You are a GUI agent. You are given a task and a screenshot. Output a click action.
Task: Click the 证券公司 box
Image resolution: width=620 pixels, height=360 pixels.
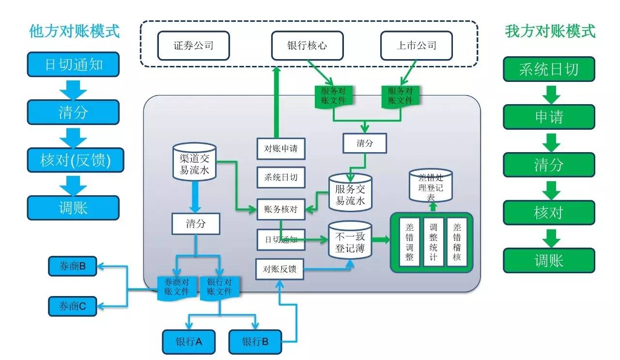coord(193,46)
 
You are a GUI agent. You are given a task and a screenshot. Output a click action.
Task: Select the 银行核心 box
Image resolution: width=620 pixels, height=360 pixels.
coord(307,46)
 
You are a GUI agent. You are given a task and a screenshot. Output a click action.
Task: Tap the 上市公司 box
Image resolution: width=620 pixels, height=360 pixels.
coord(416,46)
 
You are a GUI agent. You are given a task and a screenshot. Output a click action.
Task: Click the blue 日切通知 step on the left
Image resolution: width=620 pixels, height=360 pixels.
coord(73,64)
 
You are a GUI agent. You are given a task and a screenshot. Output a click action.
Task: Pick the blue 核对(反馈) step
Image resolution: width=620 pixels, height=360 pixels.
coord(73,160)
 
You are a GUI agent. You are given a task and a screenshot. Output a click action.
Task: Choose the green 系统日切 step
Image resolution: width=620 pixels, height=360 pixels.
coord(549,69)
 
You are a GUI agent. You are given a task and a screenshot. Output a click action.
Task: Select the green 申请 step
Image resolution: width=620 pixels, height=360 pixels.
coord(549,117)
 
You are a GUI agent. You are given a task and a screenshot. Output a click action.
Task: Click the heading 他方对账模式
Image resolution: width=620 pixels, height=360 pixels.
coord(74,31)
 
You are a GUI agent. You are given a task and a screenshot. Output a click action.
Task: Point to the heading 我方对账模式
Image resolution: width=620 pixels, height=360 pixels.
coord(550,31)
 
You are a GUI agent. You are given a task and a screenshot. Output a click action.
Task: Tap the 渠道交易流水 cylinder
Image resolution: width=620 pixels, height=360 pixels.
coord(194,162)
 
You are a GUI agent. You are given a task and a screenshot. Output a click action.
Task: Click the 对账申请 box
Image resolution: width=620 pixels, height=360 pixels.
coord(281,149)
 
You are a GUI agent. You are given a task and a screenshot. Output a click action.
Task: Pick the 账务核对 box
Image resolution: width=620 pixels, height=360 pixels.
coord(281,210)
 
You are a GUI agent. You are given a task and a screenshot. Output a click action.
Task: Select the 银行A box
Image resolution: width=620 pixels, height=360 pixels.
coord(188,342)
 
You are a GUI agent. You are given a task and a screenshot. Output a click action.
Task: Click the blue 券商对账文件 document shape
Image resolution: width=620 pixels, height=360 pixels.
coord(177,287)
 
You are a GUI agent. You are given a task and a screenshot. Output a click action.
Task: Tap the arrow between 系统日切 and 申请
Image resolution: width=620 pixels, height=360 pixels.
coord(549,93)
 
